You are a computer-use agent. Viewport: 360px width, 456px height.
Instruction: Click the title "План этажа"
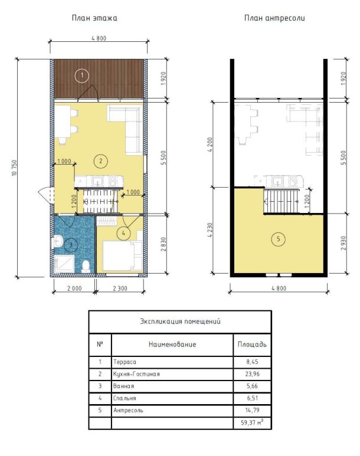click(94, 18)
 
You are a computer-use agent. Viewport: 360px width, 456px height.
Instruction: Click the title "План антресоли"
click(274, 18)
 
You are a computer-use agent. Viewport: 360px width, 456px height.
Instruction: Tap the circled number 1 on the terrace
click(82, 76)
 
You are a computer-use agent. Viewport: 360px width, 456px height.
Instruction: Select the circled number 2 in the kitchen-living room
click(101, 161)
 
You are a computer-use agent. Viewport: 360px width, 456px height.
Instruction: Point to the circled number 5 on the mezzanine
click(278, 239)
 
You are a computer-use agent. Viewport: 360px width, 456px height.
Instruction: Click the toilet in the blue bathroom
click(86, 266)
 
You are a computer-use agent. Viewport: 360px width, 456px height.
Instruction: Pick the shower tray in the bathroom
click(64, 264)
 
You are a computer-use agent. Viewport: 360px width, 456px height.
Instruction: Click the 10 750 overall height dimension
click(15, 168)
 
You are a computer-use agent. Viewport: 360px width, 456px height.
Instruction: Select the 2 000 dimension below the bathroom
click(74, 288)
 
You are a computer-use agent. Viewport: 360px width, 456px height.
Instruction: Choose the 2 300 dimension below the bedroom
click(120, 288)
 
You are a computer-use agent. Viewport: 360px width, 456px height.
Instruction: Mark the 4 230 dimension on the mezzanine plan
click(210, 231)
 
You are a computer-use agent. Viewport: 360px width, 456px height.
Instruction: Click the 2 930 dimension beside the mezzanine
click(343, 243)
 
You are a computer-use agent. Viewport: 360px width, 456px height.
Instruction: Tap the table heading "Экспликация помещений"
click(180, 322)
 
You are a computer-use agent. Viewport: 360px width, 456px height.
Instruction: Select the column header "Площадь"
click(252, 345)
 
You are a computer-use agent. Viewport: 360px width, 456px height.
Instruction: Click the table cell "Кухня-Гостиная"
click(136, 374)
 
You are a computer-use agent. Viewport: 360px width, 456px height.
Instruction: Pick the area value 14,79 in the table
click(252, 410)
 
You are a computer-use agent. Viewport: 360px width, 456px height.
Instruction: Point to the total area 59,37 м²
click(252, 422)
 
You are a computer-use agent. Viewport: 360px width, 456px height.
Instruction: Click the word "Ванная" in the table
click(123, 386)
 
